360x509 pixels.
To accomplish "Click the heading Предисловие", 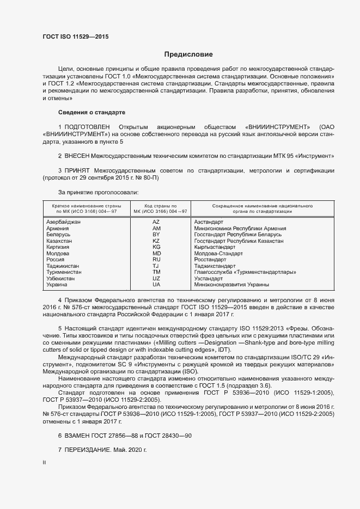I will pyautogui.click(x=188, y=54).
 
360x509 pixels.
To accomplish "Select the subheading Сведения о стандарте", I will pyautogui.click(x=91, y=112).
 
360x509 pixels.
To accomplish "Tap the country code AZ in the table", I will pyautogui.click(x=156, y=222).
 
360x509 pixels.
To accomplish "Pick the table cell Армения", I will pyautogui.click(x=58, y=229).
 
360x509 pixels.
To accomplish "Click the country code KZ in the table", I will pyautogui.click(x=156, y=241).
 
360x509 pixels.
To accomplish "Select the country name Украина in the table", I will pyautogui.click(x=57, y=284).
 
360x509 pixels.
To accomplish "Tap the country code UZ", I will pyautogui.click(x=156, y=278).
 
